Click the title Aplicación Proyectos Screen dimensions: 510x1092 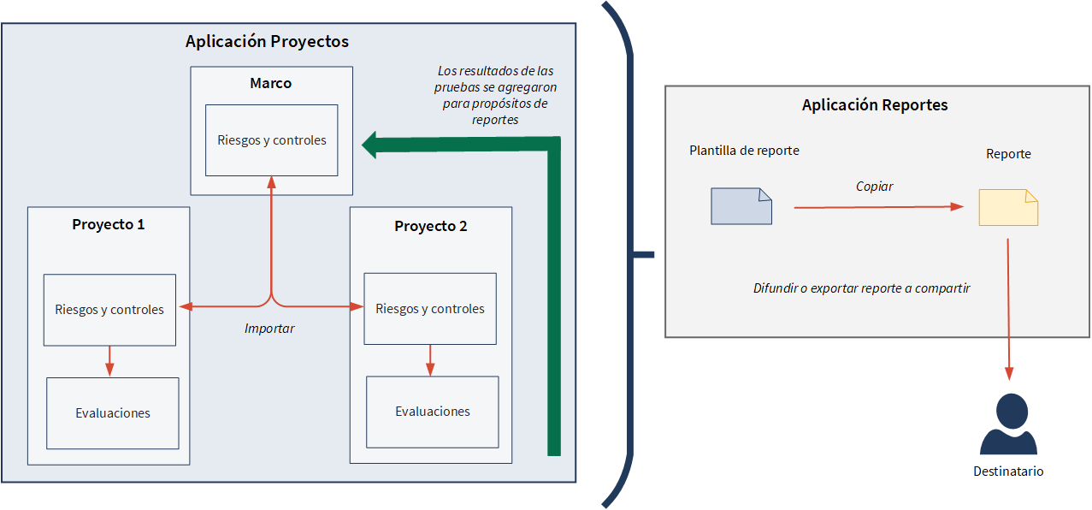267,41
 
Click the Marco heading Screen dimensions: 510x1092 270,83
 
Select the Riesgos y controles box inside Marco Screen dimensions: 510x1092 271,139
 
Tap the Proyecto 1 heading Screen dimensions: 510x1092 108,224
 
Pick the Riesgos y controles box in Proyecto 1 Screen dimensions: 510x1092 109,310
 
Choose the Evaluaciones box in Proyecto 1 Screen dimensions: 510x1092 112,413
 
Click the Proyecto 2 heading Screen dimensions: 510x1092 430,226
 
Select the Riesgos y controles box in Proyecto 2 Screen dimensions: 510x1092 430,309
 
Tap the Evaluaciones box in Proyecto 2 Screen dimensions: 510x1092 432,412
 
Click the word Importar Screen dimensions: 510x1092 269,328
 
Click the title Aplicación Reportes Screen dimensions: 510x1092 875,105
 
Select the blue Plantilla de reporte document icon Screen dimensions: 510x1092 741,206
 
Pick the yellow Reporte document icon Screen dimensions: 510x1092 1008,207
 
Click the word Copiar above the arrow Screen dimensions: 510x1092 874,186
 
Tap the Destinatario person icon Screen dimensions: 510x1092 1008,424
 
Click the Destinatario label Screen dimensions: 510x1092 1008,471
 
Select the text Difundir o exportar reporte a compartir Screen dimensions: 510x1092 861,288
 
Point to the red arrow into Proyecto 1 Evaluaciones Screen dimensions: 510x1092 109,362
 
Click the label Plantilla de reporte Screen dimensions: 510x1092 744,151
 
